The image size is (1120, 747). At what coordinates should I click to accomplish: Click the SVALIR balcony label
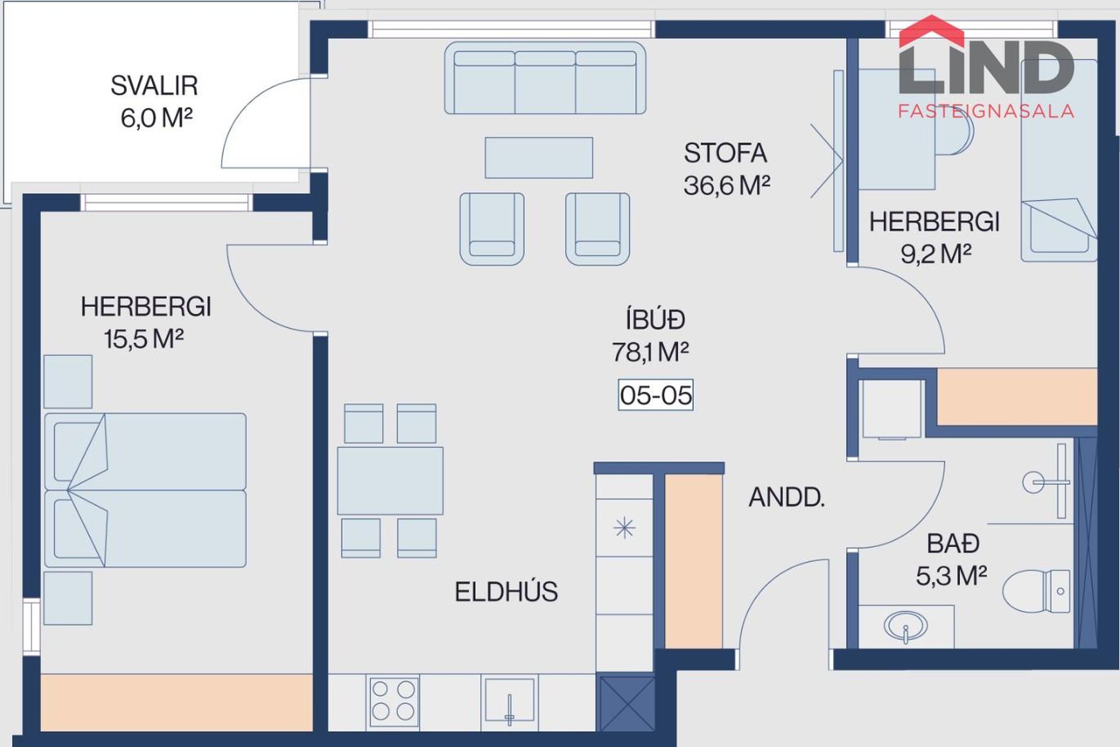click(x=155, y=86)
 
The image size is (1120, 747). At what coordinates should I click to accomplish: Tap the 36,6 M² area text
click(x=727, y=186)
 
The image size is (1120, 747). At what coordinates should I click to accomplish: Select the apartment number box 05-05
click(x=656, y=395)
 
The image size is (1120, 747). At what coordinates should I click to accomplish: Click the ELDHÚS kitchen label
click(x=506, y=592)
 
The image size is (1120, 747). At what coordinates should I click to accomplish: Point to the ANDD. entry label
click(x=786, y=497)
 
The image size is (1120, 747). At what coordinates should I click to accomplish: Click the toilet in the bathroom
click(x=1037, y=591)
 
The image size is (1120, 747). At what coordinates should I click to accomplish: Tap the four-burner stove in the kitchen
click(x=393, y=700)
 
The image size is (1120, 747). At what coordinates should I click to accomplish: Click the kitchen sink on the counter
click(x=509, y=701)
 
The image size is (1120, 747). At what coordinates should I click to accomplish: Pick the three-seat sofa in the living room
click(x=545, y=78)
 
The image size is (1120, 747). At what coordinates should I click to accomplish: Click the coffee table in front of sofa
click(x=539, y=158)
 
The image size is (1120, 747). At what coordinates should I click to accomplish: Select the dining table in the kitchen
click(x=390, y=481)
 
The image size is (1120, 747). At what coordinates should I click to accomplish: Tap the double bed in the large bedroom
click(x=145, y=490)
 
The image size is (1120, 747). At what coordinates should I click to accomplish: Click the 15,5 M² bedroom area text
click(x=143, y=339)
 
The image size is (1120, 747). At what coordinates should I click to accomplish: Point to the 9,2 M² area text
click(x=936, y=254)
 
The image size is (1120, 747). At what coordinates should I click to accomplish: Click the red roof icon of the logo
click(x=932, y=30)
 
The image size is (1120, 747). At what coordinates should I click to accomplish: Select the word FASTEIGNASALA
click(x=986, y=111)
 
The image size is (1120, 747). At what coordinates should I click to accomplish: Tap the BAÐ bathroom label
click(x=953, y=544)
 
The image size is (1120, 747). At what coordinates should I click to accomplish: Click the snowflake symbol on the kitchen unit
click(x=624, y=528)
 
